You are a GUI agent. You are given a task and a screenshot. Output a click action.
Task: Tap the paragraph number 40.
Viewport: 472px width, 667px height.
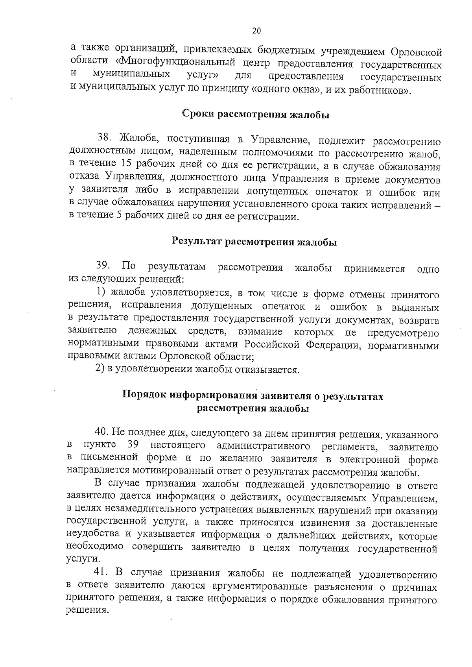102,433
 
